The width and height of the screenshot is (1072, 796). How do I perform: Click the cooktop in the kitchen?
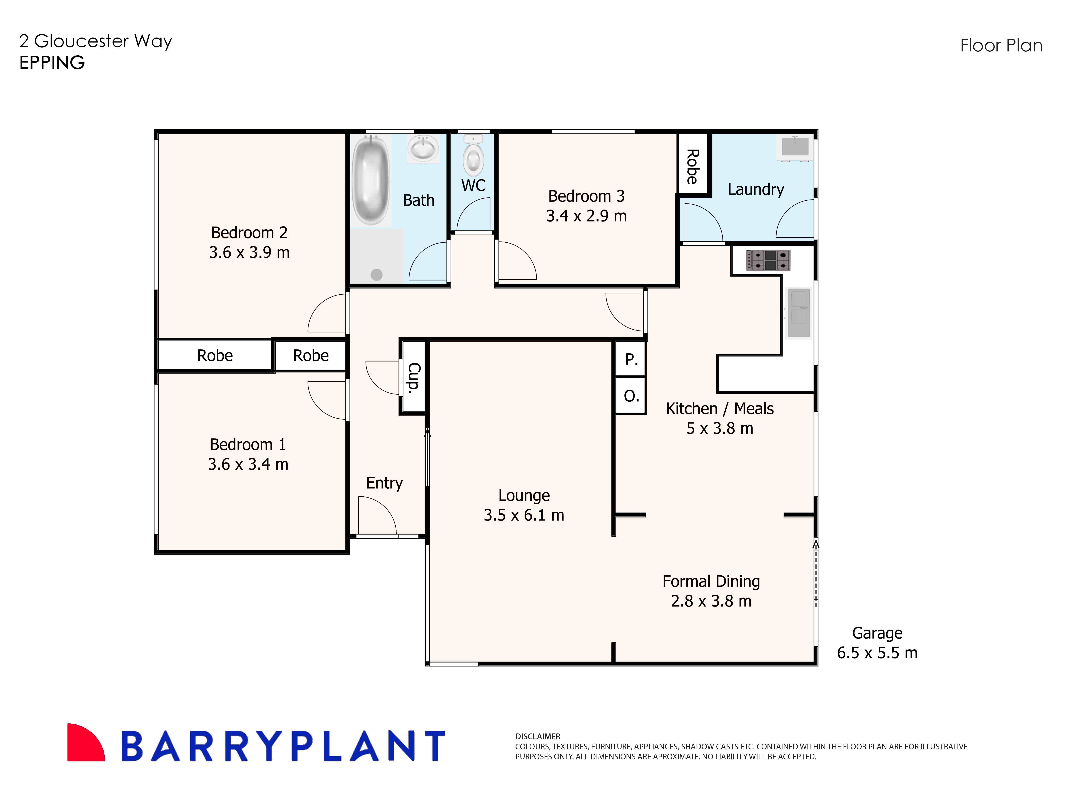tap(768, 260)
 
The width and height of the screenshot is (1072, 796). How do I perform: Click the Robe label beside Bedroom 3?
tap(692, 166)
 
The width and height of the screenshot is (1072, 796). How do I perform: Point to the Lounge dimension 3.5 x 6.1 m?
tap(524, 515)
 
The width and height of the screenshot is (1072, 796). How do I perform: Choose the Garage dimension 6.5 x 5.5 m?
tap(877, 653)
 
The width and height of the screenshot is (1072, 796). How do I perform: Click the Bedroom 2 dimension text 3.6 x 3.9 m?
tap(249, 252)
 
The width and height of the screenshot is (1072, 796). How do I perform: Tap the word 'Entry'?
tap(384, 483)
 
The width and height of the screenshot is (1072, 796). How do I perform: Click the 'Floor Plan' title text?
tap(1001, 46)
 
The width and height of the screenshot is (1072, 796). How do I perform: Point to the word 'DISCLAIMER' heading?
tap(538, 736)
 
